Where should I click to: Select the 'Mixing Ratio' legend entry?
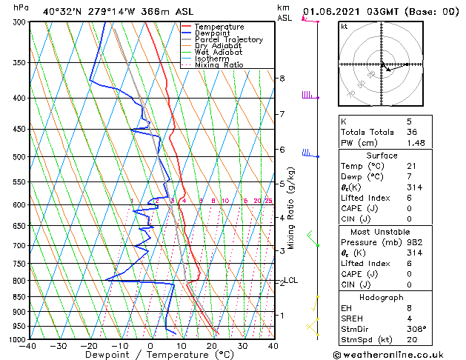pyautogui.click(x=219, y=65)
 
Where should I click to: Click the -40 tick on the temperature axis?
pyautogui.click(x=28, y=346)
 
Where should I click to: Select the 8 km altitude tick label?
pyautogui.click(x=282, y=79)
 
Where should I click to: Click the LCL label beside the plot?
pyautogui.click(x=291, y=280)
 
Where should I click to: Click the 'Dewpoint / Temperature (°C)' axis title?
pyautogui.click(x=150, y=356)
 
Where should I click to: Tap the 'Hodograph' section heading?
pyautogui.click(x=382, y=297)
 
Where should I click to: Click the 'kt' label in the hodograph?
pyautogui.click(x=344, y=27)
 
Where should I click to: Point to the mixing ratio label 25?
pyautogui.click(x=268, y=201)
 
